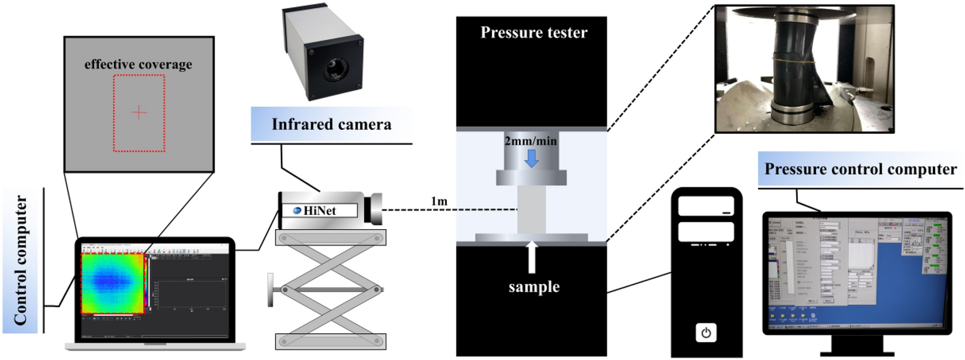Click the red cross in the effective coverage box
(x=139, y=112)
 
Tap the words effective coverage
(x=138, y=64)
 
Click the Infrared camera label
(x=331, y=124)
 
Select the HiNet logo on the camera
(x=297, y=210)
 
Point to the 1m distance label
(x=439, y=202)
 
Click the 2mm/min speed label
(x=531, y=141)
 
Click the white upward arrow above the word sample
(x=532, y=257)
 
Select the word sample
(x=534, y=287)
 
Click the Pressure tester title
(x=534, y=33)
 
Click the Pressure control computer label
(x=860, y=169)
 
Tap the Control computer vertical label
(x=21, y=261)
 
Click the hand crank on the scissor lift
(x=271, y=290)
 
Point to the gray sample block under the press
(x=531, y=209)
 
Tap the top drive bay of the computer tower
(x=706, y=206)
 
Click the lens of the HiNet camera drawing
(x=373, y=209)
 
